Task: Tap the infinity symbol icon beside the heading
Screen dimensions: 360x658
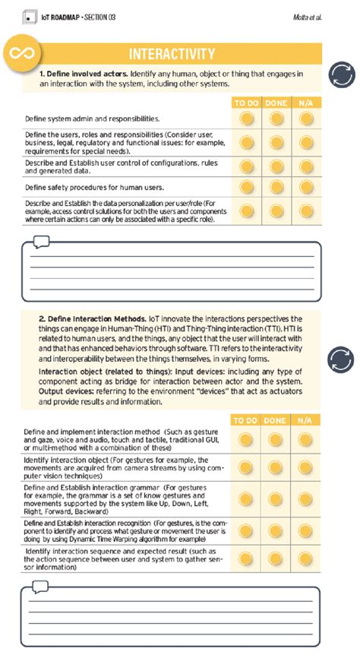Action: tap(21, 52)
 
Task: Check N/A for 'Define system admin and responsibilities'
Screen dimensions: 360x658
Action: tap(305, 119)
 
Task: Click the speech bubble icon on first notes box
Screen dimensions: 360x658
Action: tap(40, 242)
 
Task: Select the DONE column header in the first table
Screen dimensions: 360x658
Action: tap(275, 103)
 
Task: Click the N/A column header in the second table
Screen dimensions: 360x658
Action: tap(305, 420)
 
